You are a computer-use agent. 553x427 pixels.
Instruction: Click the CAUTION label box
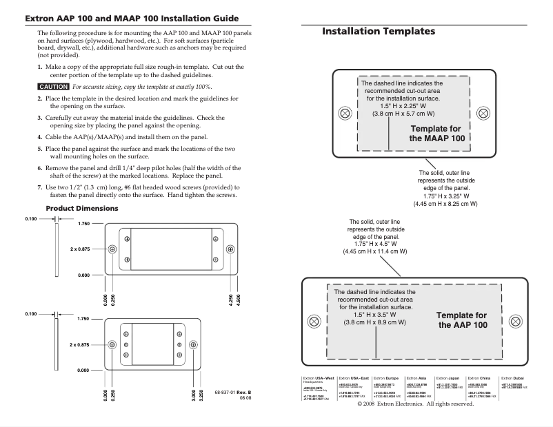point(53,87)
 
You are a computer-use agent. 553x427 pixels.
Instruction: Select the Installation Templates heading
point(379,32)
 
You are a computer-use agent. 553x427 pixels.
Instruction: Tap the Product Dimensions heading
point(81,208)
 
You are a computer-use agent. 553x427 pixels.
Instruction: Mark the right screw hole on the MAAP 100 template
point(483,113)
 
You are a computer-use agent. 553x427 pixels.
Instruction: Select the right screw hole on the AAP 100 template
point(514,322)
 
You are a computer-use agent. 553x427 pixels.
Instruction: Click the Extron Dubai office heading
point(513,379)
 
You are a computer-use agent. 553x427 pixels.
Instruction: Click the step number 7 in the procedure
point(39,187)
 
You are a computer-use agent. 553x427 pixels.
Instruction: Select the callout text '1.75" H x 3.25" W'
point(444,196)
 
